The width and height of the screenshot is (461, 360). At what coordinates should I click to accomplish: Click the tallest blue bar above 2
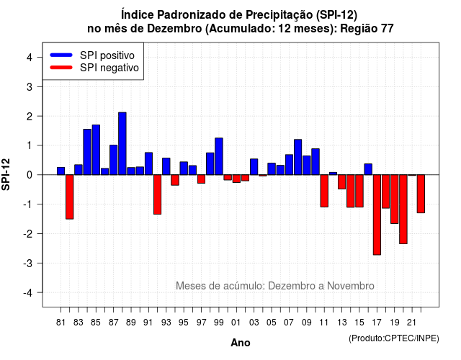pyautogui.click(x=122, y=143)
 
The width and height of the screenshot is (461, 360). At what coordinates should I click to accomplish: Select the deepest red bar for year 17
pyautogui.click(x=377, y=215)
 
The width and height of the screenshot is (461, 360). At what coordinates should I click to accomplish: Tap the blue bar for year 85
pyautogui.click(x=96, y=150)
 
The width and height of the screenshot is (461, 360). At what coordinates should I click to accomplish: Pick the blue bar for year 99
pyautogui.click(x=219, y=156)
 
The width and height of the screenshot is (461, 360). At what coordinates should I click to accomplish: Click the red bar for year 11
pyautogui.click(x=324, y=191)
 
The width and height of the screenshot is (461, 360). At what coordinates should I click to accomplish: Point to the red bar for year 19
pyautogui.click(x=395, y=199)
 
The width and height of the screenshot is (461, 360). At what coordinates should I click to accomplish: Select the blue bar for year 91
pyautogui.click(x=149, y=163)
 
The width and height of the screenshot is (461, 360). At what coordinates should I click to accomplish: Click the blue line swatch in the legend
pyautogui.click(x=61, y=55)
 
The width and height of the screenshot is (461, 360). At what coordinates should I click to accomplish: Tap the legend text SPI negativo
pyautogui.click(x=109, y=68)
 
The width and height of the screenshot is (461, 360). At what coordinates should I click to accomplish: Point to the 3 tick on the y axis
pyautogui.click(x=39, y=86)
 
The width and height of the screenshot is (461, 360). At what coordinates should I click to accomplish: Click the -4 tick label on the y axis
pyautogui.click(x=29, y=293)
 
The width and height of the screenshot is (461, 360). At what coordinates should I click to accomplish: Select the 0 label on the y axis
pyautogui.click(x=30, y=175)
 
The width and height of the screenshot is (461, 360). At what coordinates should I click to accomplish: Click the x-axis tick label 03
pyautogui.click(x=254, y=323)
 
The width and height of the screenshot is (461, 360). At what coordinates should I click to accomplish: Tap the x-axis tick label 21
pyautogui.click(x=411, y=323)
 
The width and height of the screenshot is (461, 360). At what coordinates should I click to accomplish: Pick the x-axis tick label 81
pyautogui.click(x=61, y=323)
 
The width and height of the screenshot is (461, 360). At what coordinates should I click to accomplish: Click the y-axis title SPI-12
pyautogui.click(x=6, y=174)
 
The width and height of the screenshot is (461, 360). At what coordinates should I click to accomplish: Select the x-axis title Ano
pyautogui.click(x=241, y=343)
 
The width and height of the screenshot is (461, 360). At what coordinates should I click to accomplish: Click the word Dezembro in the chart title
pyautogui.click(x=174, y=29)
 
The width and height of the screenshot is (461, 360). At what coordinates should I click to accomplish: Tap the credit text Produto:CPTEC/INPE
pyautogui.click(x=394, y=338)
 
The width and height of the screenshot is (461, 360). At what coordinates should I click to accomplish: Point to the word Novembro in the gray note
pyautogui.click(x=351, y=286)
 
